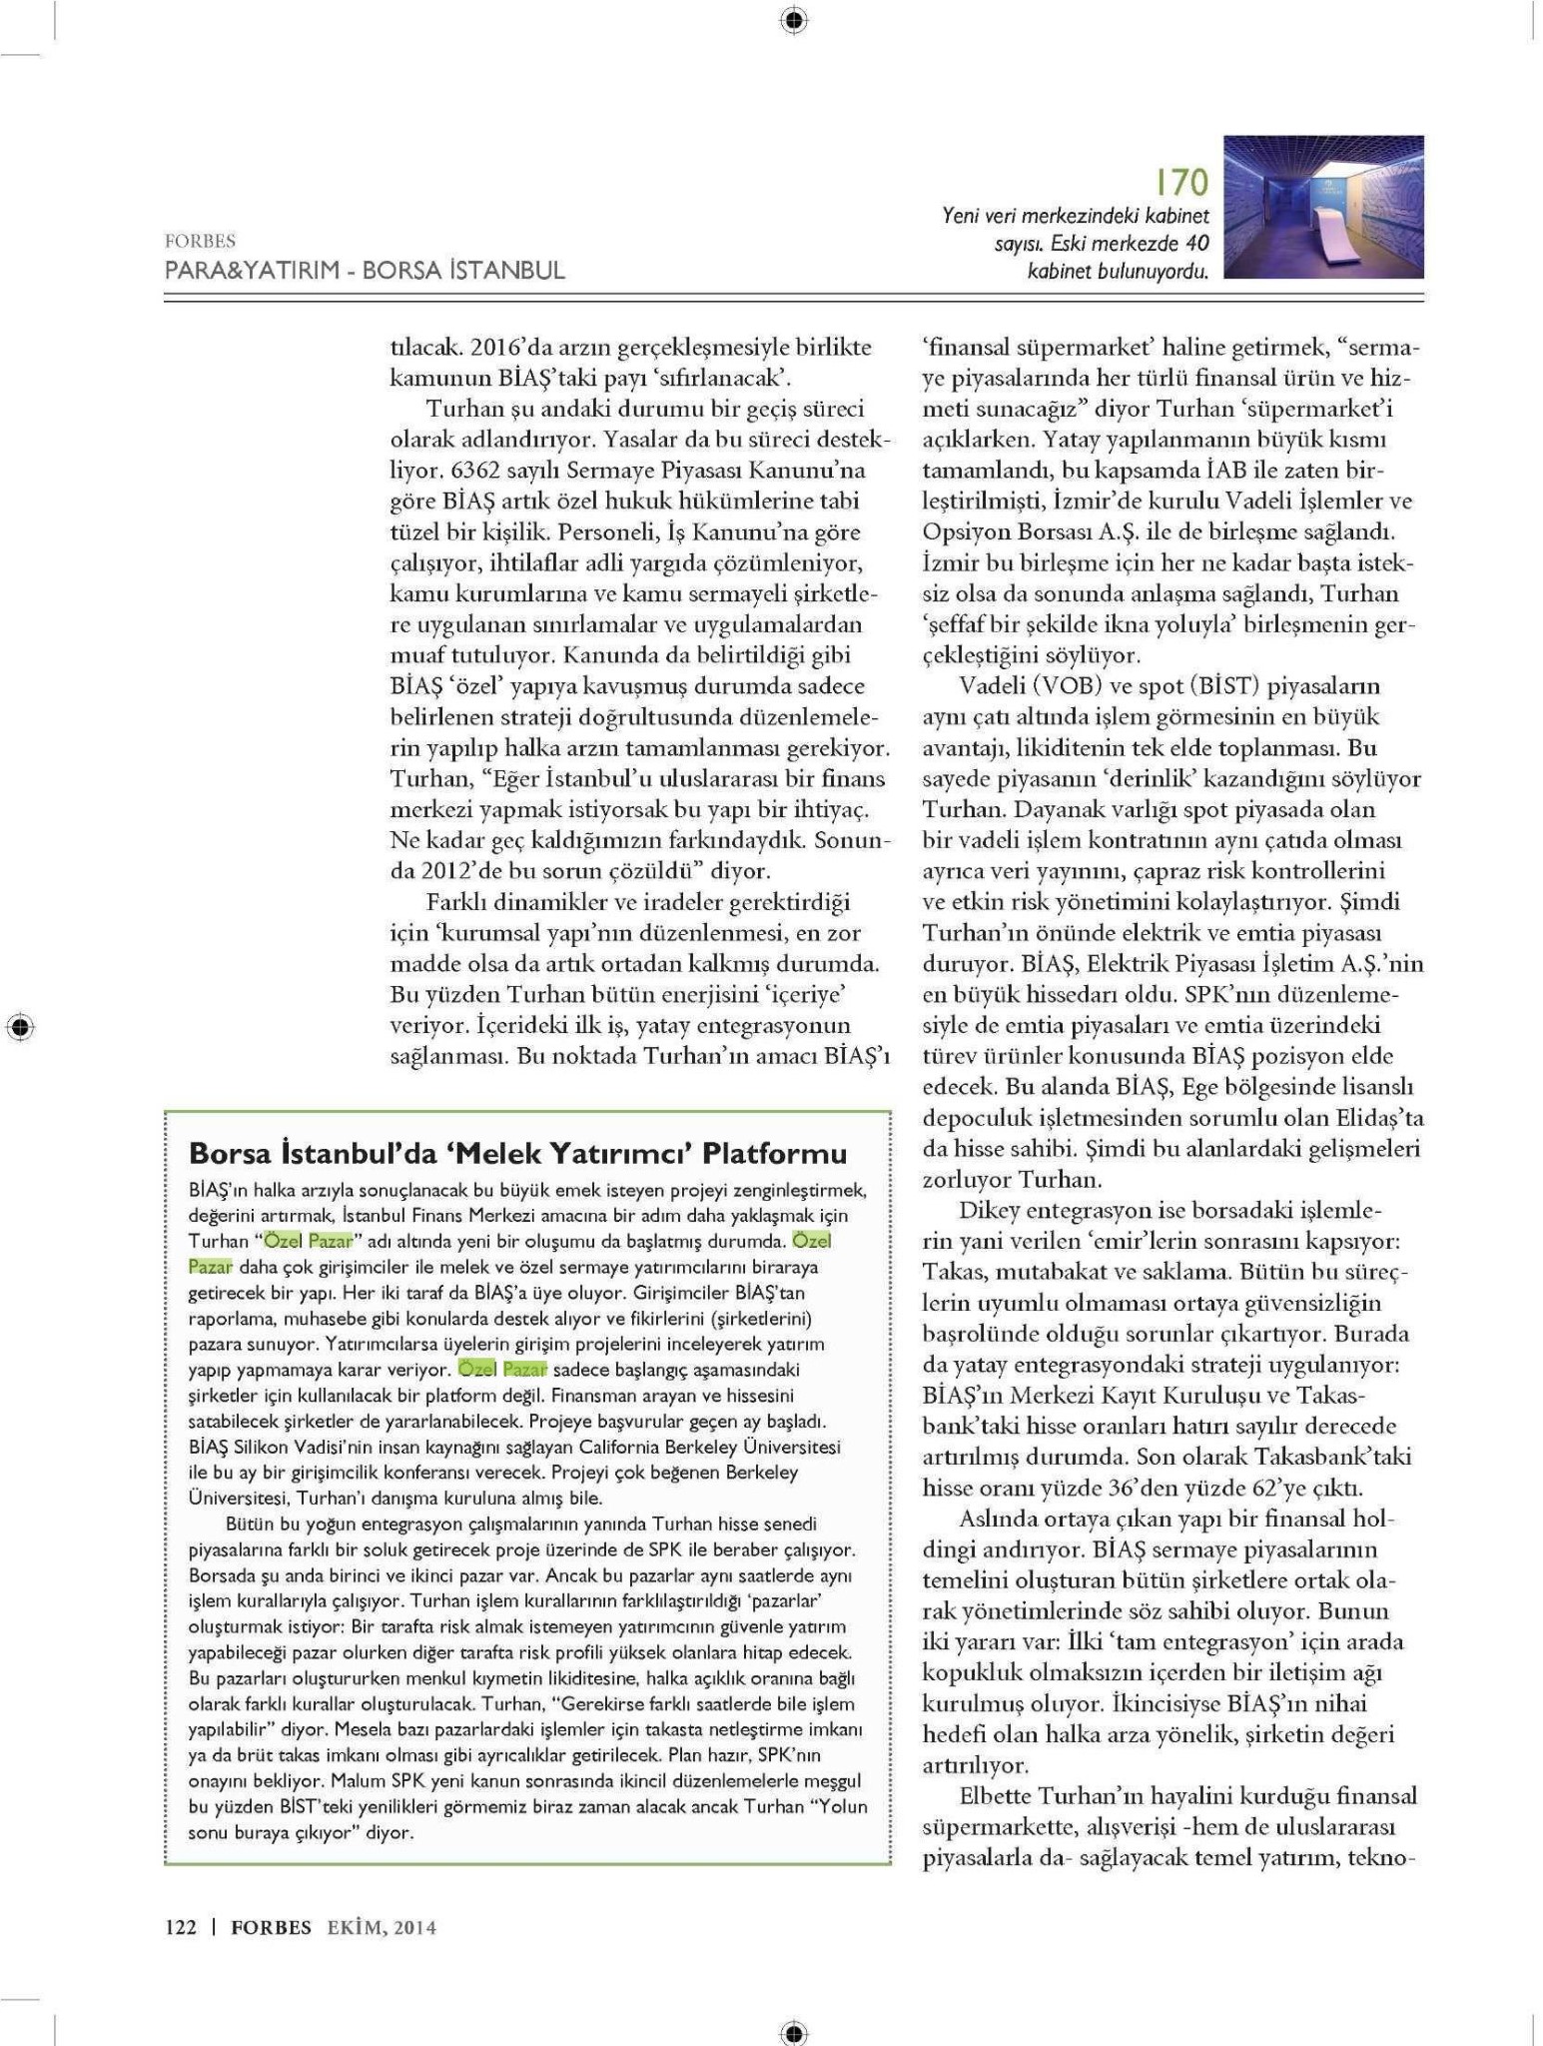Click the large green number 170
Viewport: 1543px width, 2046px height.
(1181, 183)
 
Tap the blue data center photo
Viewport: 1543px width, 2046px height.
(1323, 207)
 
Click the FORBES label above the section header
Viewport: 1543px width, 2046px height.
(200, 241)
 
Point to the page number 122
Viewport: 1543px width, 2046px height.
(181, 1927)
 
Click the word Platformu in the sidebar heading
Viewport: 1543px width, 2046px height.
(774, 1154)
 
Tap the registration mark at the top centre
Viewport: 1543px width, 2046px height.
(793, 19)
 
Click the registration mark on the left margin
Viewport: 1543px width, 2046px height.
(19, 1026)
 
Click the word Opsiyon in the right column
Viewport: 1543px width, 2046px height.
(965, 531)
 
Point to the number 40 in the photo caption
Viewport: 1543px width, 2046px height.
(1195, 243)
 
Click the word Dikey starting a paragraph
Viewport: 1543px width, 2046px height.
(990, 1210)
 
